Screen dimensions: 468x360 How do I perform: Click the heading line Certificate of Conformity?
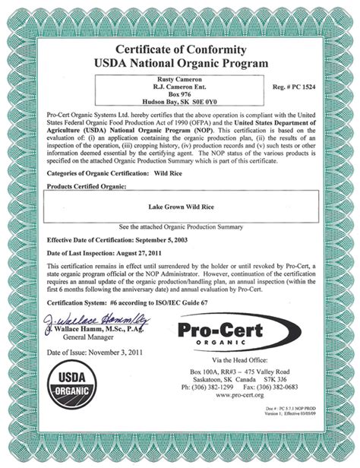(x=180, y=49)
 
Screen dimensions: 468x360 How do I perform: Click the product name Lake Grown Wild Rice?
(x=179, y=204)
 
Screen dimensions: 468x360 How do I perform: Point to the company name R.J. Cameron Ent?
(x=179, y=89)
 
